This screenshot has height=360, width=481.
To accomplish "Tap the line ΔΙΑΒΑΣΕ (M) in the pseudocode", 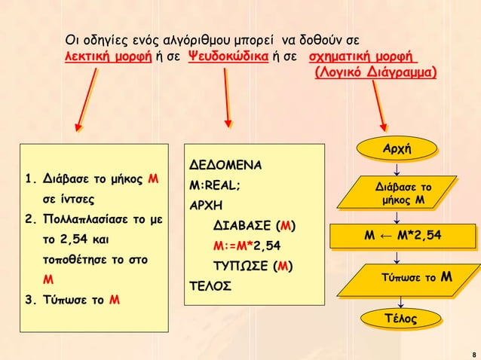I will coord(254,225).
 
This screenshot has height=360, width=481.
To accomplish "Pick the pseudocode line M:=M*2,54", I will coord(247,246).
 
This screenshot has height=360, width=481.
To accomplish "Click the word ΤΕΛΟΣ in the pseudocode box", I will coord(210,286).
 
